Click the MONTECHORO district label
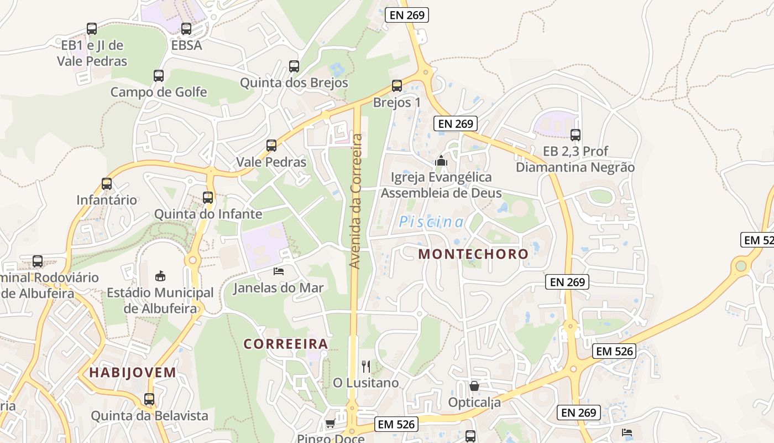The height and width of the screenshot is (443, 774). [x=473, y=254]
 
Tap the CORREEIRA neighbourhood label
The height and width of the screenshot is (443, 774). [x=286, y=344]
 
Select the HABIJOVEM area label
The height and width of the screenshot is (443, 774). [x=133, y=373]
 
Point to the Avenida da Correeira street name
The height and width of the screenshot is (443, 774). [x=356, y=202]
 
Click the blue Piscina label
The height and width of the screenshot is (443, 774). [x=431, y=223]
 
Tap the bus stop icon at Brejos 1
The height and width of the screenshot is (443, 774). [x=397, y=86]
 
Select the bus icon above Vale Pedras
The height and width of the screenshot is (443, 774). [x=271, y=146]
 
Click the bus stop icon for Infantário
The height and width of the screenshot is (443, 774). [x=107, y=184]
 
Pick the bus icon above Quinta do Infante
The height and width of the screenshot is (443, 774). [x=208, y=197]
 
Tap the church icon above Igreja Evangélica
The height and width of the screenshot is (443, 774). [x=441, y=161]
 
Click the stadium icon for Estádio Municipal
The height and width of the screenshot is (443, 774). [x=160, y=276]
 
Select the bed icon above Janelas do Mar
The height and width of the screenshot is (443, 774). [x=279, y=271]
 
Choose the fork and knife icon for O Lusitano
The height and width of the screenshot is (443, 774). [x=365, y=366]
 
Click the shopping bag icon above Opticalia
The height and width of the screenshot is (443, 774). [x=474, y=386]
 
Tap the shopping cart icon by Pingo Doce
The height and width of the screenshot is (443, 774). [x=330, y=424]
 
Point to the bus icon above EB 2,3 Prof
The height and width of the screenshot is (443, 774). [x=576, y=135]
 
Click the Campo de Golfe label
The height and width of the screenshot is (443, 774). [x=159, y=92]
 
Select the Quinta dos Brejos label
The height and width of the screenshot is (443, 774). [x=294, y=83]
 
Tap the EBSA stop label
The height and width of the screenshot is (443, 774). [x=186, y=45]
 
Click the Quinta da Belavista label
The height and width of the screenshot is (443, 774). [x=149, y=416]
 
